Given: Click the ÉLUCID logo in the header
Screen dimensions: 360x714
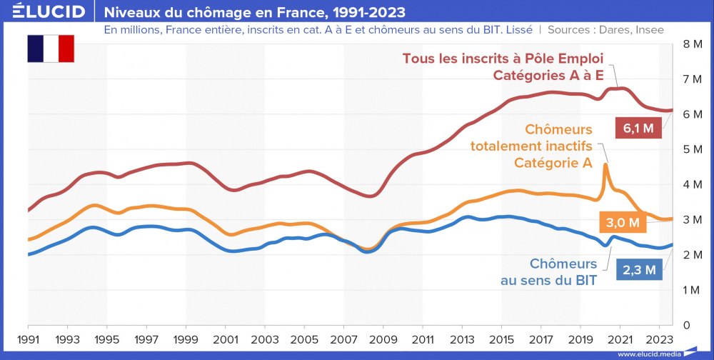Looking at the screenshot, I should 44,11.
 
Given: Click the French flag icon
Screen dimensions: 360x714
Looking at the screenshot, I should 51,48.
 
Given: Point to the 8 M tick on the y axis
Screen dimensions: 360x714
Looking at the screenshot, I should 693,44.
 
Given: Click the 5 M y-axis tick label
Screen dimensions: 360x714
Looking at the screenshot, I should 693,149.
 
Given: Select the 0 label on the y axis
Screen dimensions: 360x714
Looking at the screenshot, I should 687,325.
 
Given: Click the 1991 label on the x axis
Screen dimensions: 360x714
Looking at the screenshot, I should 28,339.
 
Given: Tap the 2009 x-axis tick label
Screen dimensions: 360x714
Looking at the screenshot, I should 383,339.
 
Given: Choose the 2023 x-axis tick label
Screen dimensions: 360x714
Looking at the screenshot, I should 659,339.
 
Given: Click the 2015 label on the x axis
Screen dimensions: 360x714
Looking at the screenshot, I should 501,339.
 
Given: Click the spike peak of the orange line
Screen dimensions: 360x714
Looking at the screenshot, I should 605,165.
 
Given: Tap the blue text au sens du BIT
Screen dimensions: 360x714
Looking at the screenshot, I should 548,281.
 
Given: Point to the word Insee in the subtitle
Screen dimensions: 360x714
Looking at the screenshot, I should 648,30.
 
